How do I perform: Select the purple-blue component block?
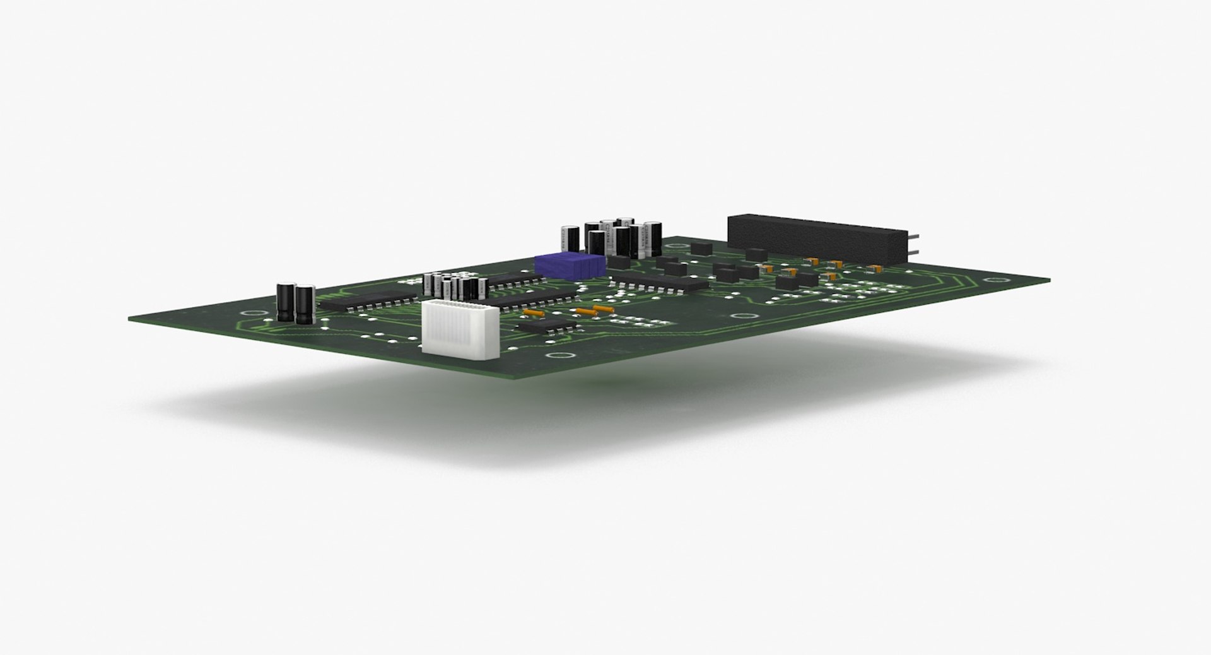click(570, 264)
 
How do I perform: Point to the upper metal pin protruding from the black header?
click(914, 237)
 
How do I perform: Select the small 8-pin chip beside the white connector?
click(547, 326)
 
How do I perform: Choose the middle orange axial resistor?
click(586, 311)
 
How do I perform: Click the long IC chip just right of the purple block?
click(660, 281)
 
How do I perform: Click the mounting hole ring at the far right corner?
click(994, 280)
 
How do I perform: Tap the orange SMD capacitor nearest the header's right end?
click(874, 268)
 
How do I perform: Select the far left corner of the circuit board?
click(130, 317)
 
